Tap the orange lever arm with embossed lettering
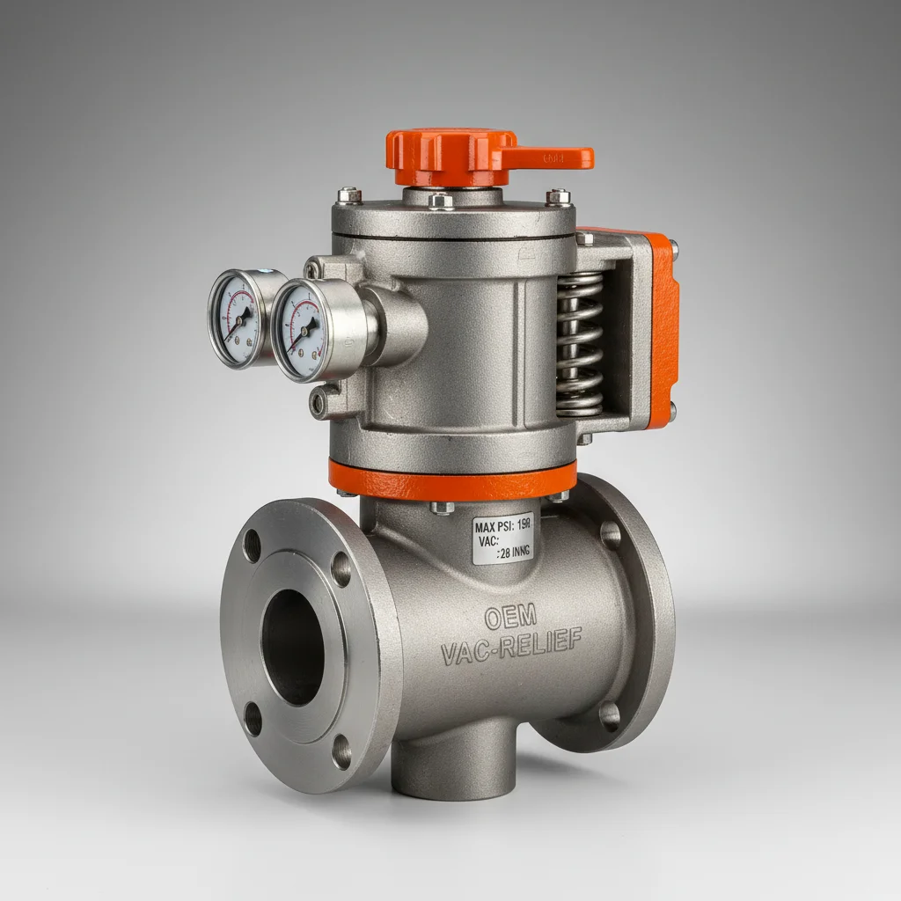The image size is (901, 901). [x=550, y=158]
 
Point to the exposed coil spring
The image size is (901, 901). [x=580, y=344]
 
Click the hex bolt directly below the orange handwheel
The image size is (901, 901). [x=440, y=201]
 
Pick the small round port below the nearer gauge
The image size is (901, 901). [x=317, y=403]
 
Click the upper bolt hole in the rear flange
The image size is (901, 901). [x=610, y=535]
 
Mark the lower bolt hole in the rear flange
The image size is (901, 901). [x=609, y=714]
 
